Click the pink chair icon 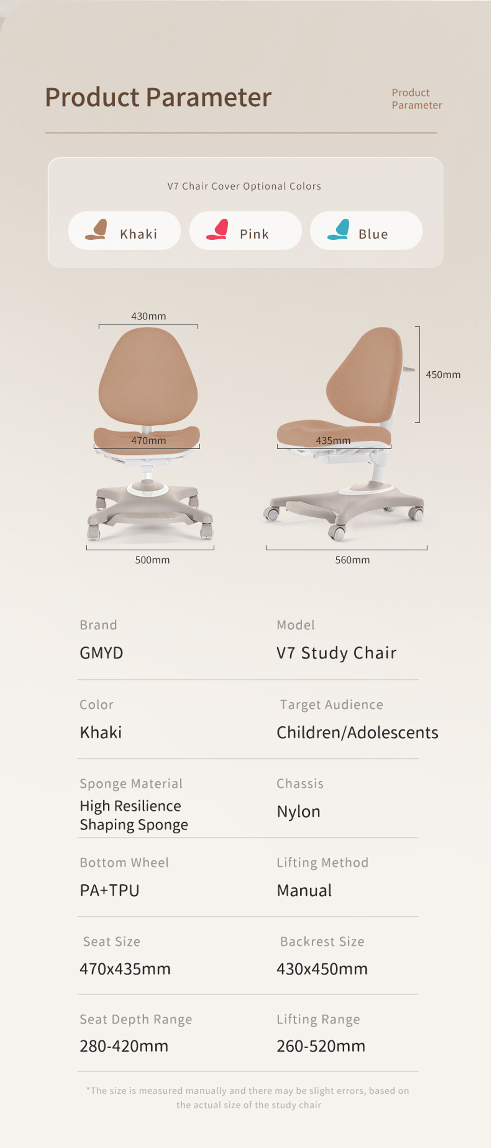click(217, 230)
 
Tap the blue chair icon click(338, 230)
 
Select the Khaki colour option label click(139, 234)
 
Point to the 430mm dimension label click(149, 316)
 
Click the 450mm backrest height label click(443, 374)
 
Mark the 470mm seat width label click(149, 440)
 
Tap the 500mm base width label click(152, 560)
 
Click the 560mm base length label click(352, 560)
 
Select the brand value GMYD click(101, 653)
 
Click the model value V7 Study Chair click(337, 653)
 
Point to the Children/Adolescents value click(357, 732)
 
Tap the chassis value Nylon click(298, 811)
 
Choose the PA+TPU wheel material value click(109, 890)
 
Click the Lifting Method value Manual click(304, 890)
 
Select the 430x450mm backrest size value click(322, 969)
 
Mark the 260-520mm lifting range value click(321, 1046)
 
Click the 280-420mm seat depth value click(124, 1046)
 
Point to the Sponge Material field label click(131, 783)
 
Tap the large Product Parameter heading click(159, 97)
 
